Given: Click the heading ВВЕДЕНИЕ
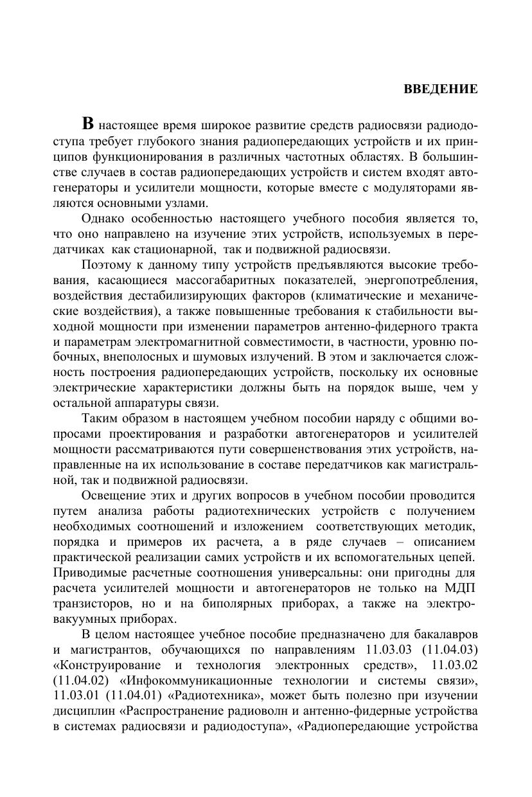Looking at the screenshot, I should [x=440, y=89].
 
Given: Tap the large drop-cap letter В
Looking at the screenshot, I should [x=89, y=124].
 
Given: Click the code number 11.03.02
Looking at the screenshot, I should [x=454, y=665].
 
